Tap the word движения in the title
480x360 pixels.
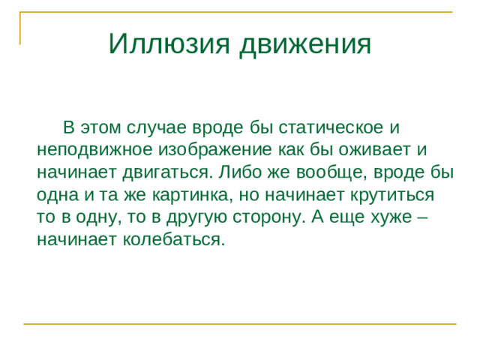305,44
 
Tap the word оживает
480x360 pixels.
368,148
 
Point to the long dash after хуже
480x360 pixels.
422,217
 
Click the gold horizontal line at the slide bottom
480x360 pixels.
240,323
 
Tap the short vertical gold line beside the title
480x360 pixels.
19,28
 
